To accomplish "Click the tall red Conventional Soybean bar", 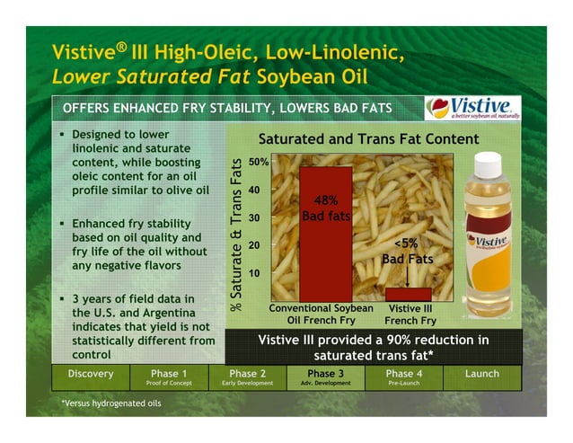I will click(x=325, y=233).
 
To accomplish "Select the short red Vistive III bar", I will click(x=409, y=294).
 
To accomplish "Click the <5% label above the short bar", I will click(x=408, y=243).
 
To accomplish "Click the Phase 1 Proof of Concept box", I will click(x=170, y=377).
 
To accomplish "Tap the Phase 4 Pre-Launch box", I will click(x=404, y=377).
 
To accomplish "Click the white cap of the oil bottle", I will click(x=487, y=165).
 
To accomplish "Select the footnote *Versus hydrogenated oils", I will click(x=111, y=403).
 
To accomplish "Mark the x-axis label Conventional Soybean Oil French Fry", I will click(x=322, y=314).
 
